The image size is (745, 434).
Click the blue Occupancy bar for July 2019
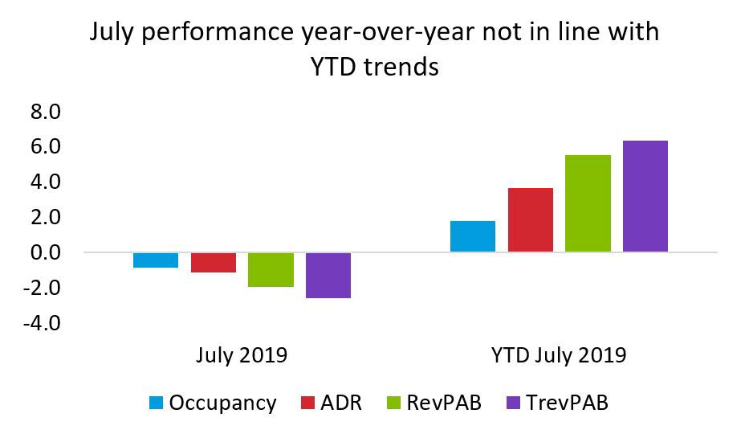point(156,260)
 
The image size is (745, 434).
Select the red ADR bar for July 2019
point(213,262)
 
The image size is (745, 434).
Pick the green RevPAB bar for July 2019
point(271,269)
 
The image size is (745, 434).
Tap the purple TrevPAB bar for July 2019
point(328,275)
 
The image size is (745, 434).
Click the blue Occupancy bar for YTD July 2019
point(473,236)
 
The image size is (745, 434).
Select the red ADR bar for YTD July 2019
point(530,220)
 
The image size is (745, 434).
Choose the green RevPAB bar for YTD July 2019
point(588,203)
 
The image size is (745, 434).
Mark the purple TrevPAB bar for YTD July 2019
point(645,196)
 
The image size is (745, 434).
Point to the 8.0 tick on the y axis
point(45,112)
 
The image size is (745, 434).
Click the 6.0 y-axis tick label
point(45,147)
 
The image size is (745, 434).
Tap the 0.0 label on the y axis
point(45,252)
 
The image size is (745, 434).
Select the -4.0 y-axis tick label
point(42,323)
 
